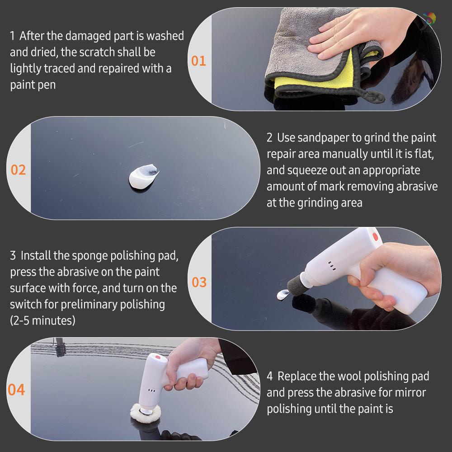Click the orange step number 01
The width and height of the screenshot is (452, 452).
(198, 61)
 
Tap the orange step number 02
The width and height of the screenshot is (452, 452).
(19, 170)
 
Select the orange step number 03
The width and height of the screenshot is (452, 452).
(199, 282)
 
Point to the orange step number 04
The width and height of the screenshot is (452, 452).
(17, 390)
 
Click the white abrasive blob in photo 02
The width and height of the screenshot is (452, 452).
(144, 176)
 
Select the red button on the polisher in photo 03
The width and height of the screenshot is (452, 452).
(375, 235)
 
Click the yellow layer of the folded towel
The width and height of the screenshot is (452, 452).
(312, 79)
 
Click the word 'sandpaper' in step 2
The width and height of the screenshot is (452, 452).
(325, 137)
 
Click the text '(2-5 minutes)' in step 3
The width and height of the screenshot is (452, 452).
(42, 320)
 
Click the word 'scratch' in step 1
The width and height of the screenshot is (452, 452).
(97, 52)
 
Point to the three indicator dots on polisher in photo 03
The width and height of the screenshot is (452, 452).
(332, 266)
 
